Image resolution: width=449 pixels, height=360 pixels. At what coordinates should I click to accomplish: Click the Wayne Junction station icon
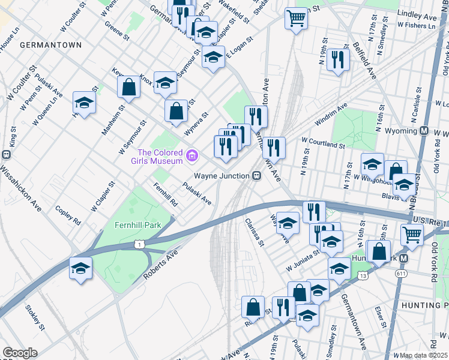(x=256, y=176)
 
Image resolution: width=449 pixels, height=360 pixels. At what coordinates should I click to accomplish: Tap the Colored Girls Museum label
(x=160, y=157)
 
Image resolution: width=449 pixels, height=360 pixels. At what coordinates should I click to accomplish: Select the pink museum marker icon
(x=192, y=157)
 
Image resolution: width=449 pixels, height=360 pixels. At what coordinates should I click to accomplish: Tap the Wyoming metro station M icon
(x=423, y=131)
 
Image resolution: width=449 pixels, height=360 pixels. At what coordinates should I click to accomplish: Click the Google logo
(x=20, y=353)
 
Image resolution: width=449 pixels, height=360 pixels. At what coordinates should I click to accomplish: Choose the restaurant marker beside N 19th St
(x=338, y=59)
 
